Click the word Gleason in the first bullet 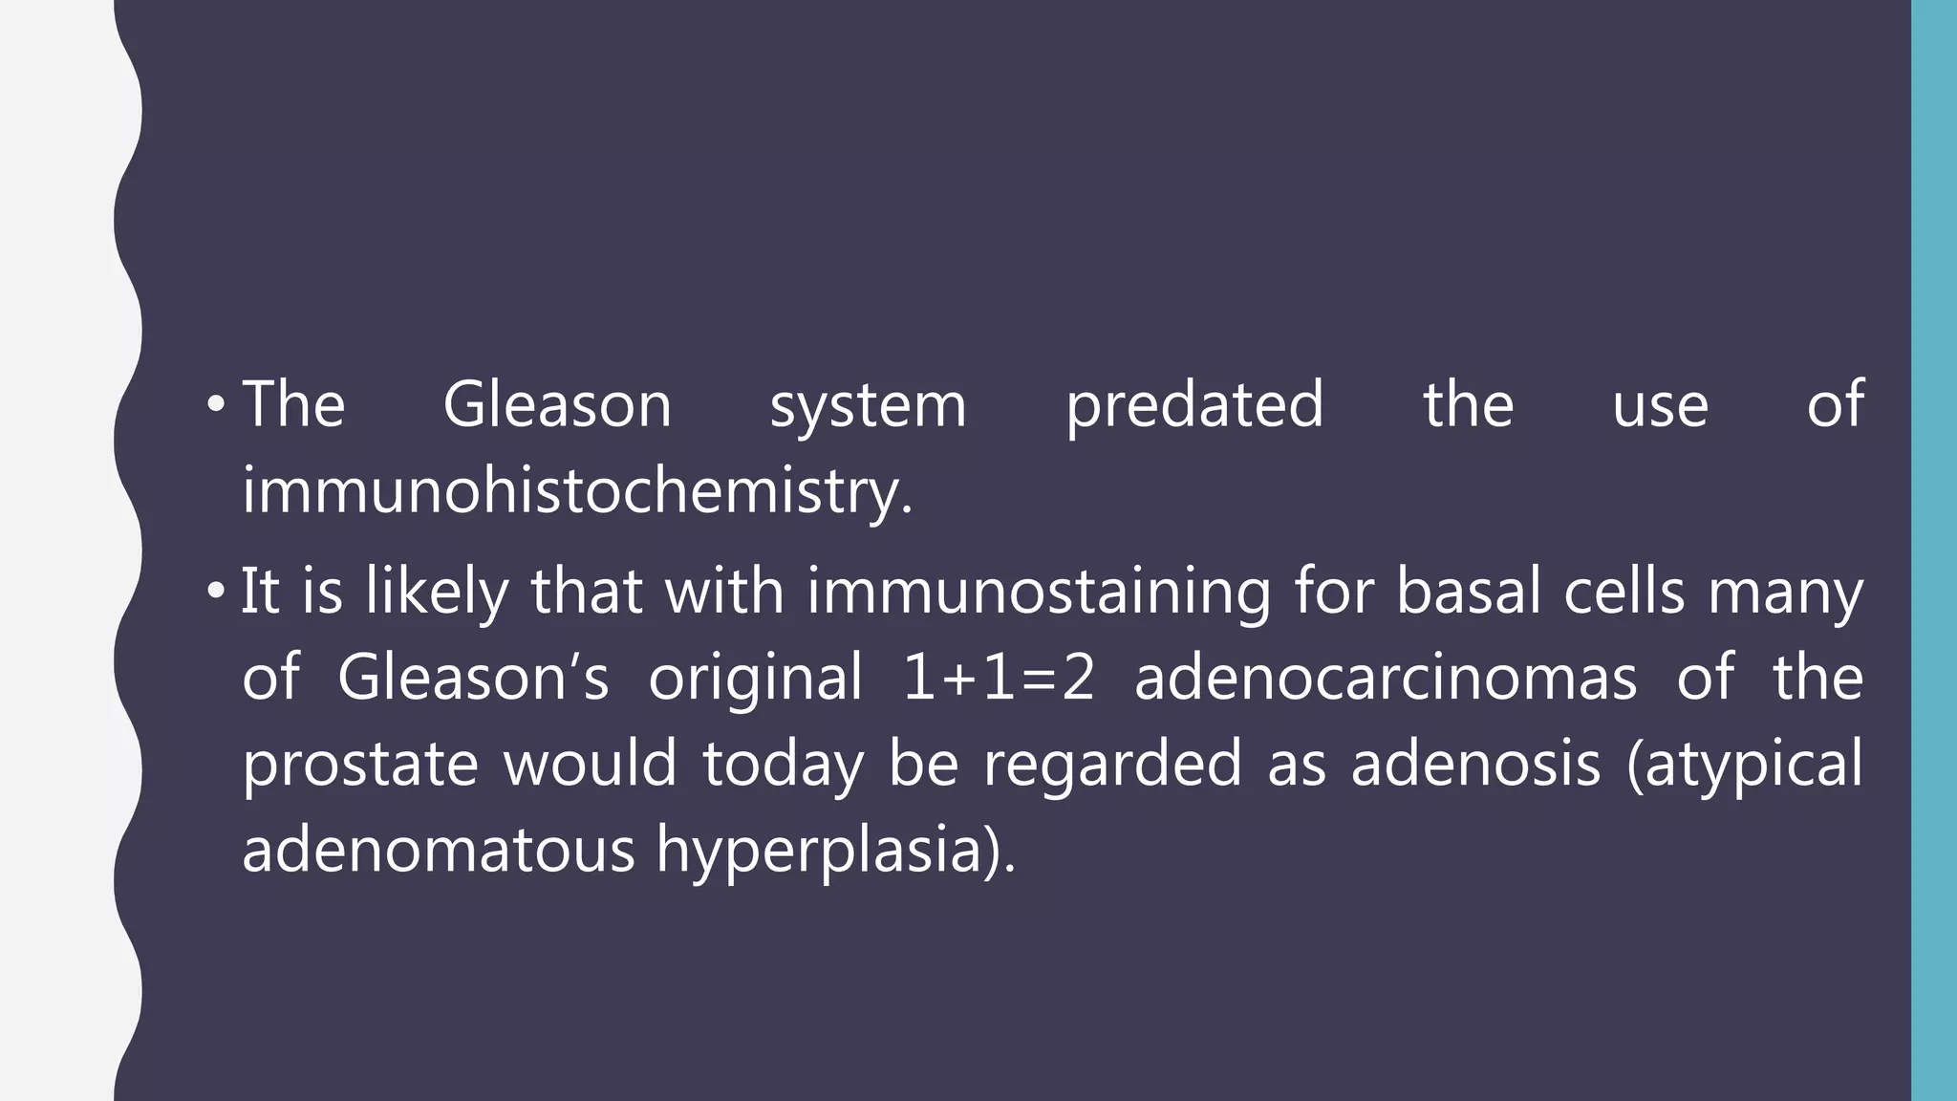click(x=557, y=404)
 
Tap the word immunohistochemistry click(x=577, y=492)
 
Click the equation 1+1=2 click(x=998, y=678)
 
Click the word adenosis click(x=1475, y=764)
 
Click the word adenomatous click(x=438, y=850)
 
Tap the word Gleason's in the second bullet click(x=473, y=678)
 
